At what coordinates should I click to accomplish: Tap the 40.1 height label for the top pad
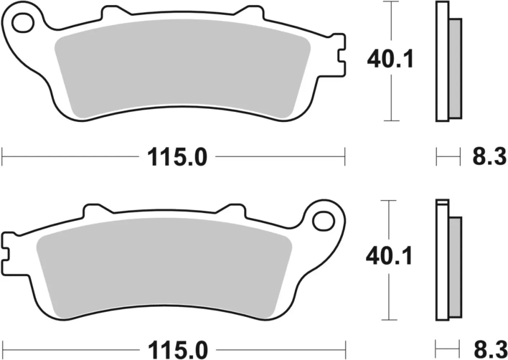(390, 59)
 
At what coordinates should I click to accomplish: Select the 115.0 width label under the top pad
(177, 157)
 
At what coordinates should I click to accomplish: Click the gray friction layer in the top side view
(455, 68)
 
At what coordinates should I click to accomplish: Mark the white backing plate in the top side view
(442, 61)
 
